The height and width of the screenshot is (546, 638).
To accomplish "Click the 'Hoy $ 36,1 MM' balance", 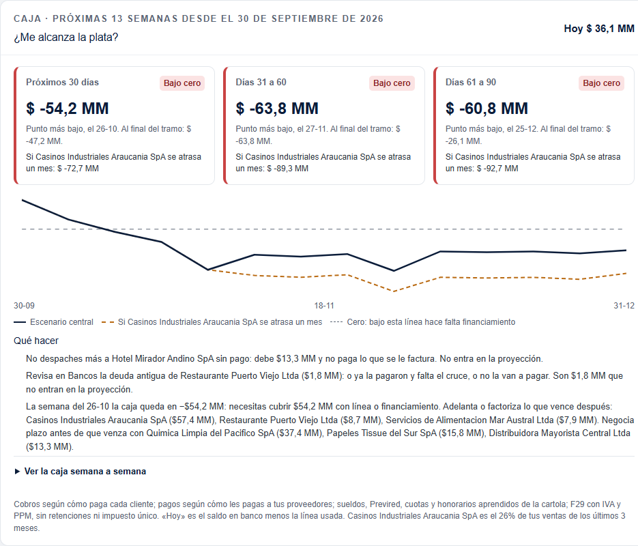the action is click(x=599, y=29).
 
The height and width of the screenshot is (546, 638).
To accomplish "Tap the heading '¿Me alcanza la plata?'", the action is click(x=66, y=38).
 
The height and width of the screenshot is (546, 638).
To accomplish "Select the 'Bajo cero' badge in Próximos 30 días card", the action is click(x=182, y=83).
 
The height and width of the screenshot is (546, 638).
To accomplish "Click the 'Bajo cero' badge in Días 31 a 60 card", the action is click(x=392, y=83).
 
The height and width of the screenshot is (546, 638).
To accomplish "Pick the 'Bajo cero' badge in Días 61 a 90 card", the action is click(x=601, y=83).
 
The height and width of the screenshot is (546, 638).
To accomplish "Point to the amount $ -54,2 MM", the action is click(x=68, y=109).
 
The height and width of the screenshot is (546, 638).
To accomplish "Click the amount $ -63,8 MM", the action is click(x=277, y=109).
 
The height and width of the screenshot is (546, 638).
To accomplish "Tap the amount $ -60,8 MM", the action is click(x=487, y=109).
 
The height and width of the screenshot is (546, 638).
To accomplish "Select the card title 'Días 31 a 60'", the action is click(x=261, y=82).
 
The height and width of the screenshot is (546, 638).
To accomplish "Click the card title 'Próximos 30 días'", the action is click(x=62, y=82).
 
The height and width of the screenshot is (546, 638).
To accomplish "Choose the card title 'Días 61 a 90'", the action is click(x=471, y=82).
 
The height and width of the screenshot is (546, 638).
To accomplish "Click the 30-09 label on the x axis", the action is click(x=24, y=306).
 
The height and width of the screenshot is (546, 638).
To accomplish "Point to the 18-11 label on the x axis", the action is click(x=324, y=306).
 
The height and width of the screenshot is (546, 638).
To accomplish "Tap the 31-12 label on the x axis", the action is click(x=624, y=306).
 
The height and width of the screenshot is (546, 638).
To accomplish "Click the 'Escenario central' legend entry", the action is click(x=54, y=322).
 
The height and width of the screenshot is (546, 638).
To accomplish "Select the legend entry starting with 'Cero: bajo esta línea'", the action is click(x=423, y=322).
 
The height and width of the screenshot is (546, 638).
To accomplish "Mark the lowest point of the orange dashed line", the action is click(x=394, y=291).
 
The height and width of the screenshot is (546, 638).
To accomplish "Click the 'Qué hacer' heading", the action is click(x=36, y=341).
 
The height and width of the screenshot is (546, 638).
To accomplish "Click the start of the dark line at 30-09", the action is click(x=23, y=200).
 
